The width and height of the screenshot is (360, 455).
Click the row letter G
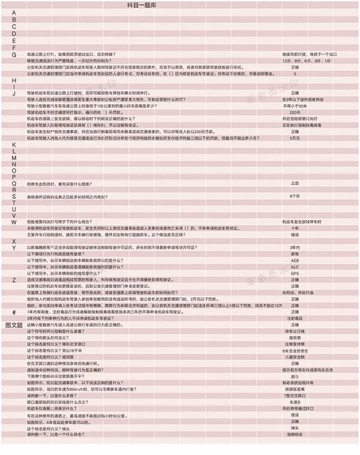click(x=14, y=54)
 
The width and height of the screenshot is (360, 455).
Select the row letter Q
click(x=14, y=183)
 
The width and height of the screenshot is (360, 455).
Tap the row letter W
click(x=14, y=222)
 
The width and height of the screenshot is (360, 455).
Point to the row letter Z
click(x=14, y=280)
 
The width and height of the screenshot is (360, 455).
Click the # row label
click(x=14, y=312)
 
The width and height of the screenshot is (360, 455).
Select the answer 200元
click(x=295, y=112)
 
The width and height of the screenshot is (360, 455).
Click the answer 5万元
click(x=295, y=138)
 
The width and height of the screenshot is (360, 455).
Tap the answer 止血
click(x=295, y=183)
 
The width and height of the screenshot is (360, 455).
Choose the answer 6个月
click(x=295, y=196)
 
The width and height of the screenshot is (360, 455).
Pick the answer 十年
click(x=295, y=228)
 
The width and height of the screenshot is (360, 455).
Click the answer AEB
click(x=295, y=261)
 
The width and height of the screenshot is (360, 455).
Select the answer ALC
click(x=295, y=267)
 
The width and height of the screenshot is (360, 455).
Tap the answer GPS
click(x=295, y=273)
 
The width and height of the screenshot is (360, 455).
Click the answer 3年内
click(x=295, y=248)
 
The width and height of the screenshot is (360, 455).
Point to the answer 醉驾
click(x=295, y=254)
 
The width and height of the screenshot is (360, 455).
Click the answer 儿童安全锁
click(x=295, y=357)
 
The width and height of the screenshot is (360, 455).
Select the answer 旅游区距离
click(x=295, y=389)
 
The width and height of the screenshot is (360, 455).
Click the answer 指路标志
click(x=295, y=434)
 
